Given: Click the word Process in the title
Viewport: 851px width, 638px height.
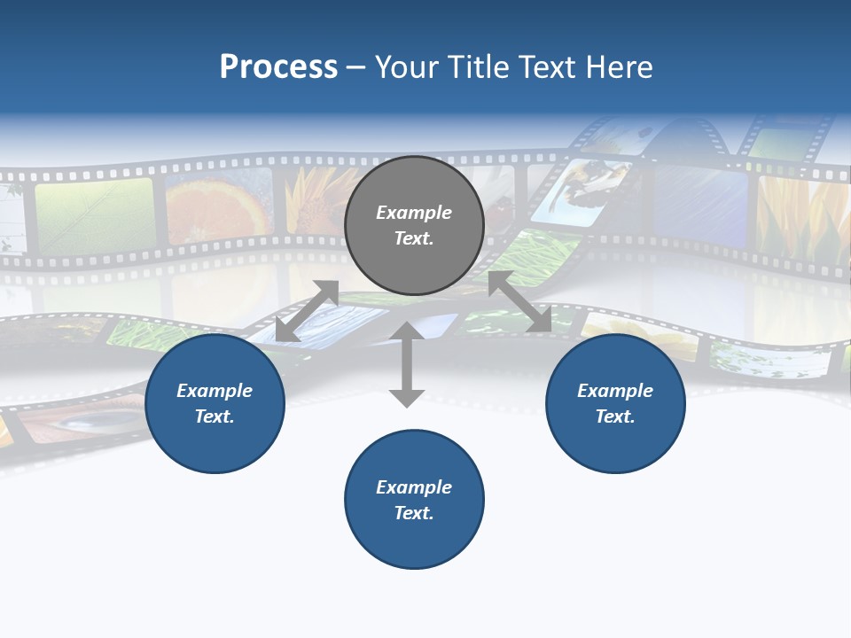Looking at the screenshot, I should pos(278,67).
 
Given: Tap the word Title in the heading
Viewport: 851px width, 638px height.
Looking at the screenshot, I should pos(477,67).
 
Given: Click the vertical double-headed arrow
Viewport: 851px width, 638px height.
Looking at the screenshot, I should pos(407,364).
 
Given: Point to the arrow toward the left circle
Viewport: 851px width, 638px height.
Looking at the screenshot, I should pos(307,311).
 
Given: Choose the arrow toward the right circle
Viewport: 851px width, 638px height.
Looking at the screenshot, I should pos(519,301).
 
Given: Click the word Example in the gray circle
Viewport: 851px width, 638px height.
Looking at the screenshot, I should pos(414,213).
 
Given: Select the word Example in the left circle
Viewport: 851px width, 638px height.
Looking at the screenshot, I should pos(215,391).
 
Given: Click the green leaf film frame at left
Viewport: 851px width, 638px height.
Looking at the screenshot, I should pos(94,216).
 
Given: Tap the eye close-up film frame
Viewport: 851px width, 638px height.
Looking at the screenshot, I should pos(84,421).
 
